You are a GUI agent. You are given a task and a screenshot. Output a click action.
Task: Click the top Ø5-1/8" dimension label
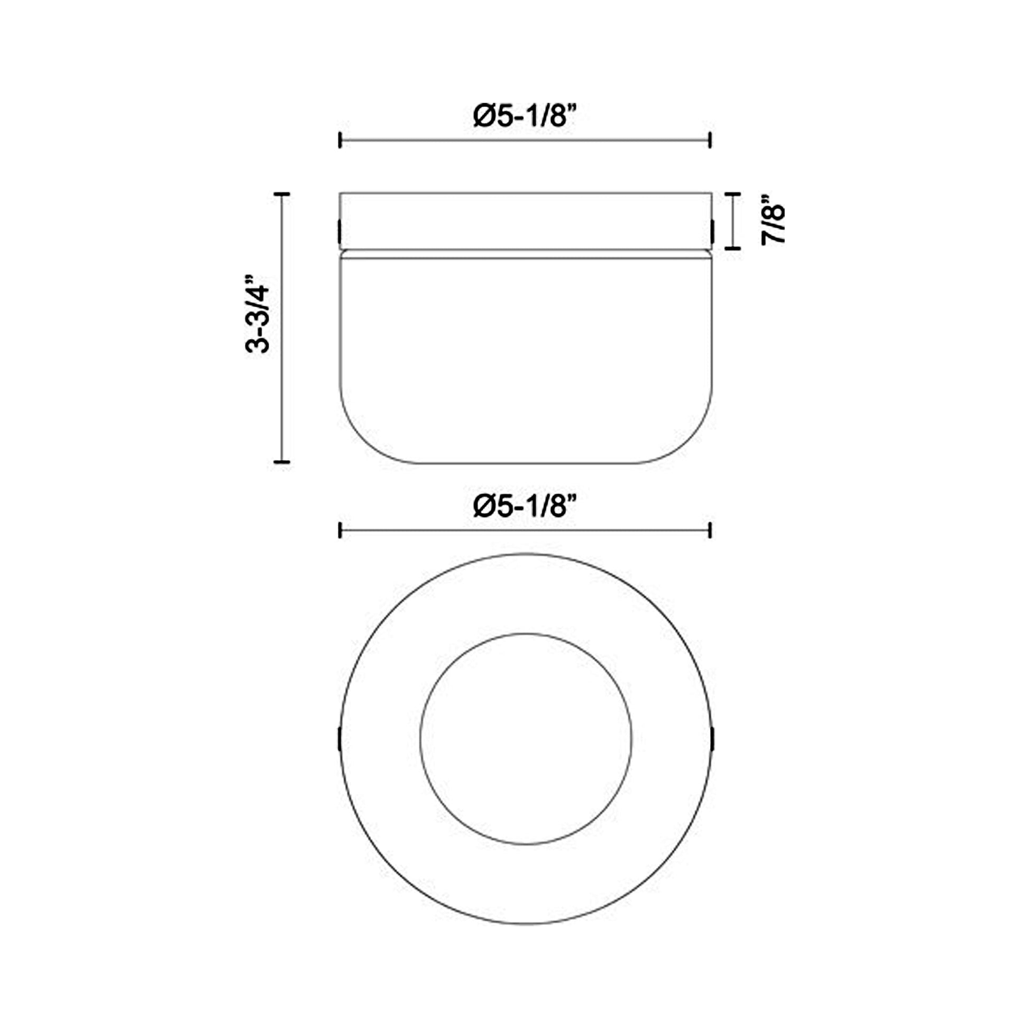525,116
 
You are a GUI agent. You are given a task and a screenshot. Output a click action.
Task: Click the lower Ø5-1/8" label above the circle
525,506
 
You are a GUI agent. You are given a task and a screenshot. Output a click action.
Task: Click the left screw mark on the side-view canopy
340,230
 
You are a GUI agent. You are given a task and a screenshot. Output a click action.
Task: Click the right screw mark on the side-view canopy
712,230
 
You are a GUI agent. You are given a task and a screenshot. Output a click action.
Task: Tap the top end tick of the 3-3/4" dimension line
281,195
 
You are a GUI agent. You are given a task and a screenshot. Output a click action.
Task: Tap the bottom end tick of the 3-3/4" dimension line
281,461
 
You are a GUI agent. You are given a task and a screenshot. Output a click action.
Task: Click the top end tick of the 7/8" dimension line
733,195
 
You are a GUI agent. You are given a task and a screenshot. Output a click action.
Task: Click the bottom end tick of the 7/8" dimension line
733,247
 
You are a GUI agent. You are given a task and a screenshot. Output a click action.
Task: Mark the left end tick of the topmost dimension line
340,141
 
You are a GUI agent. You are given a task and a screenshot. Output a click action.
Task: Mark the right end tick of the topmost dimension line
710,141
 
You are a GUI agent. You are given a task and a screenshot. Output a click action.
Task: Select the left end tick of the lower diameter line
340,530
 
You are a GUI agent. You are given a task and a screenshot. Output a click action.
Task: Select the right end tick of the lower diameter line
710,530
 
